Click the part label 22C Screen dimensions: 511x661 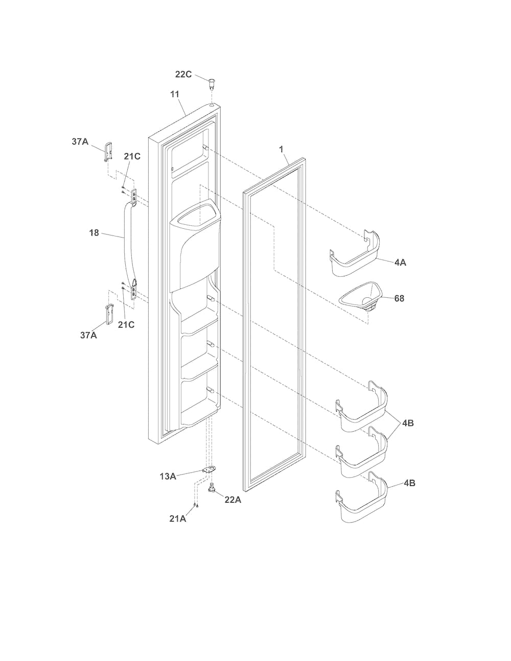pos(183,74)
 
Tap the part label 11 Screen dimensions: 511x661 pos(175,95)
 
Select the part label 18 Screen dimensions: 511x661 pos(94,233)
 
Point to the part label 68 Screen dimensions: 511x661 pos(399,298)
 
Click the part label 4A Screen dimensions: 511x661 pos(400,262)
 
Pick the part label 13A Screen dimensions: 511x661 pos(168,477)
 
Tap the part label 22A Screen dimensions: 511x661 pos(233,500)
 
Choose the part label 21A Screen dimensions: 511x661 pos(178,518)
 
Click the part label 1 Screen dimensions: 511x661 pos(281,149)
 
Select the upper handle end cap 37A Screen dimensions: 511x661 pos(108,151)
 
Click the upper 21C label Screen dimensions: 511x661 pos(132,156)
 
